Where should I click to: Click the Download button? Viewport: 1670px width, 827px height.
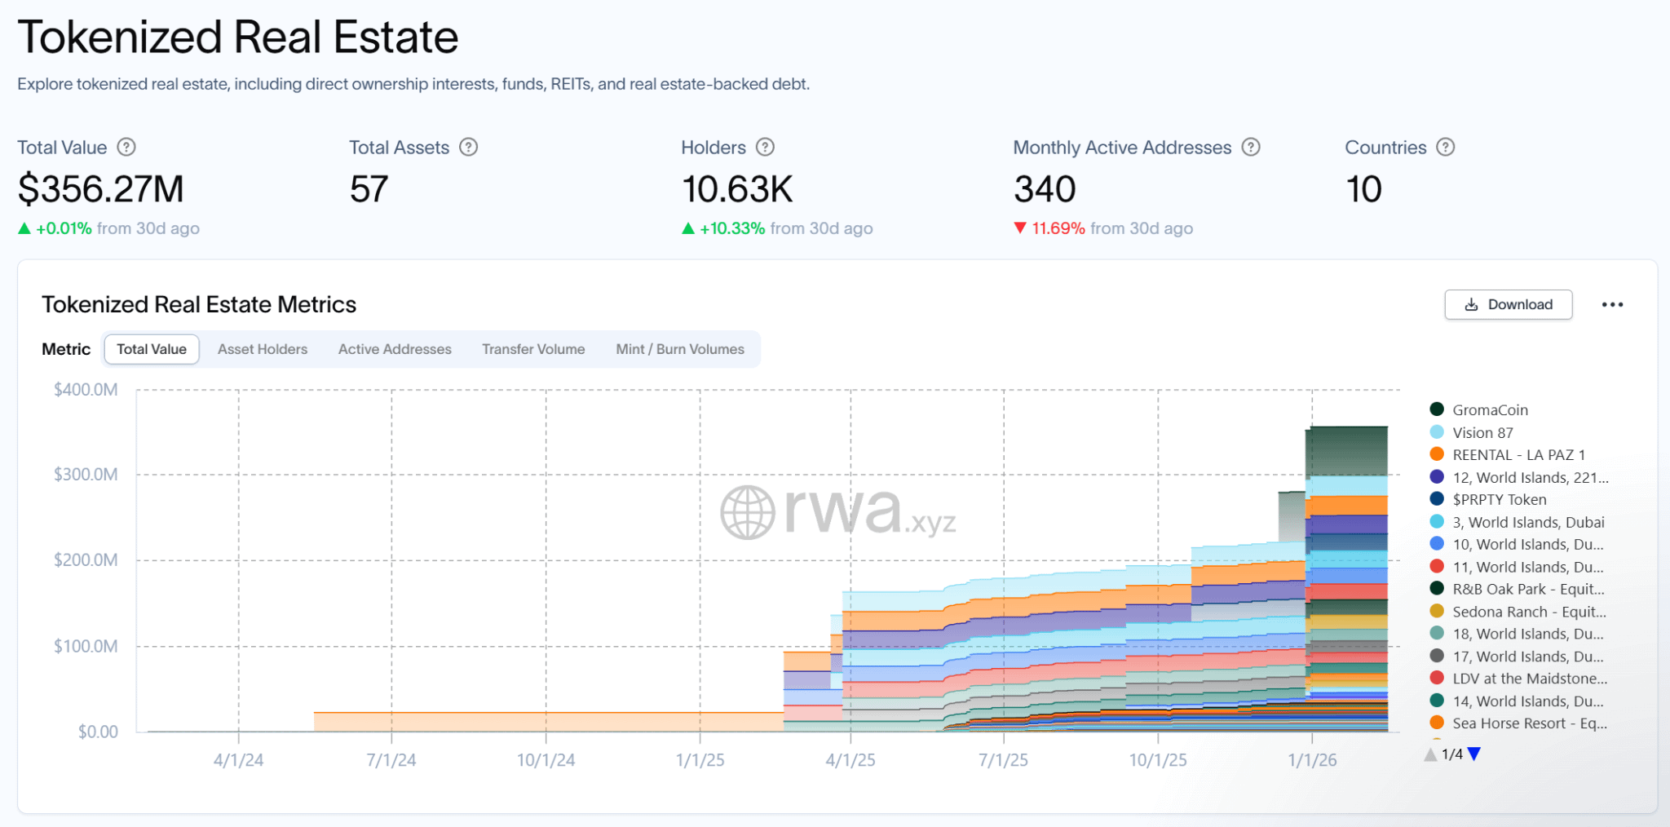[x=1508, y=305]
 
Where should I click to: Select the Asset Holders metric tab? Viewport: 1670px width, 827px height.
[x=263, y=349]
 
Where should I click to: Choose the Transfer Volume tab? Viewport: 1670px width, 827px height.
[x=533, y=349]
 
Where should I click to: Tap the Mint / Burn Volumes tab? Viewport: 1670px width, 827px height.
[x=680, y=349]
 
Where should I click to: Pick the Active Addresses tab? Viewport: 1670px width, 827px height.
[x=395, y=349]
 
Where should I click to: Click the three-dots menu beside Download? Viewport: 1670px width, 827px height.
[x=1612, y=305]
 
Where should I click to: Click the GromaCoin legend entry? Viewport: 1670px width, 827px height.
[x=1490, y=410]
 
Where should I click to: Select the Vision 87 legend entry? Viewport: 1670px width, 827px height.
[x=1482, y=433]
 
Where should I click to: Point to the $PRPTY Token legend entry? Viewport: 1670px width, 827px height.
[x=1499, y=500]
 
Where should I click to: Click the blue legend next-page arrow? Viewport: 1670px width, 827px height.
[x=1474, y=754]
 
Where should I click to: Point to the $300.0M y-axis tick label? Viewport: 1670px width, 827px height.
[x=86, y=475]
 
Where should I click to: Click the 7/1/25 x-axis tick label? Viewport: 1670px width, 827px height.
[x=1003, y=760]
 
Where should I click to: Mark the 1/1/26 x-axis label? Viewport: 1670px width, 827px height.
[x=1312, y=760]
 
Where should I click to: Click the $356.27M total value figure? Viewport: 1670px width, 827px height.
[x=101, y=189]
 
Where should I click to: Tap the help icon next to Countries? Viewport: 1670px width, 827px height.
[x=1446, y=148]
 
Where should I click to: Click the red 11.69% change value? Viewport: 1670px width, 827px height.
[x=1058, y=228]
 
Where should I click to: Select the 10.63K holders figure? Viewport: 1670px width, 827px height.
[x=737, y=189]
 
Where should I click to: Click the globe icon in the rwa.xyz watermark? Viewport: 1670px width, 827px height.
[x=747, y=513]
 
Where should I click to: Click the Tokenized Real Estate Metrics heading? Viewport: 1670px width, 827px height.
[x=199, y=304]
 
